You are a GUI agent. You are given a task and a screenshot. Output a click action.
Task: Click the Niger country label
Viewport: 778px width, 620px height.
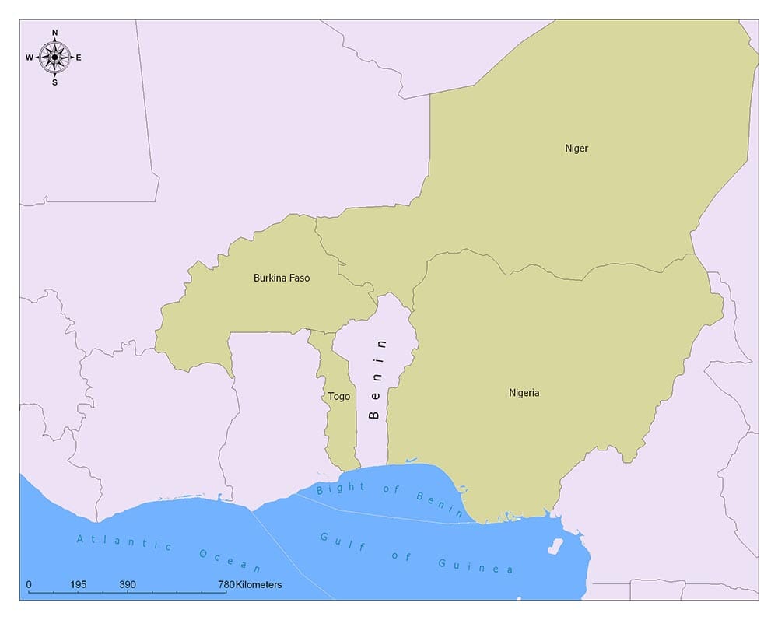coord(576,148)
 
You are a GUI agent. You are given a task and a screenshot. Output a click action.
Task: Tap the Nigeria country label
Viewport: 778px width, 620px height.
coord(524,393)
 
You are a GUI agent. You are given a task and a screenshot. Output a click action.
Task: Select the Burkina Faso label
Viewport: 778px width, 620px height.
coord(282,278)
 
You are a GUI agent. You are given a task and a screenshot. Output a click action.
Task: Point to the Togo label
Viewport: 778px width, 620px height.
coord(338,397)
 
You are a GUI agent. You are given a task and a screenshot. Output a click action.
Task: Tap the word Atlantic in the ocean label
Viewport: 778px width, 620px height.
coord(124,542)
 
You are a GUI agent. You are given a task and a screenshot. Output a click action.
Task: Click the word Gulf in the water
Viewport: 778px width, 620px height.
coord(336,541)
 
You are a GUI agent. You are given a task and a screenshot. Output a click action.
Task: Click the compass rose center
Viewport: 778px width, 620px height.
coord(54,57)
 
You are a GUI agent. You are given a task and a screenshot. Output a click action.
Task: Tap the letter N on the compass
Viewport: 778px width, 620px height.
coord(54,33)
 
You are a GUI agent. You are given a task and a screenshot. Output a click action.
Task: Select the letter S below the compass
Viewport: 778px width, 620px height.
coord(54,82)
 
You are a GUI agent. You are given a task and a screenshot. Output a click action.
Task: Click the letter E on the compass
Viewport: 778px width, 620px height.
coord(79,58)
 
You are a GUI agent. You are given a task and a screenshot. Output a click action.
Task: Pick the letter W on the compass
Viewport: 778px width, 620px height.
coord(30,58)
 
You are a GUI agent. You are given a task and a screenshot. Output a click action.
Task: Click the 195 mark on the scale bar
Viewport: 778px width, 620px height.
coord(78,584)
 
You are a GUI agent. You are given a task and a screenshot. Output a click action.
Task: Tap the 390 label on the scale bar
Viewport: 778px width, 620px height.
coord(128,584)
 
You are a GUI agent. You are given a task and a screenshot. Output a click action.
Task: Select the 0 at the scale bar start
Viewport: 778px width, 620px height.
coord(29,584)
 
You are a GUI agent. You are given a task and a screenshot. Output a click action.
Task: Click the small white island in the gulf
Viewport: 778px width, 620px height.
coord(555,546)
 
